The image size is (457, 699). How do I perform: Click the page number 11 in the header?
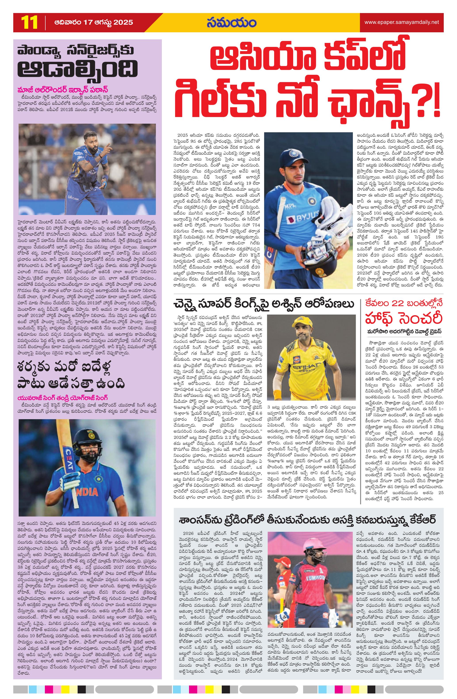tap(29, 23)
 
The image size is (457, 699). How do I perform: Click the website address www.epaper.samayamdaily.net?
tap(401, 22)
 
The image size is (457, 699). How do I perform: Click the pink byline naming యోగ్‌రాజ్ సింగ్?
tap(62, 398)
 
